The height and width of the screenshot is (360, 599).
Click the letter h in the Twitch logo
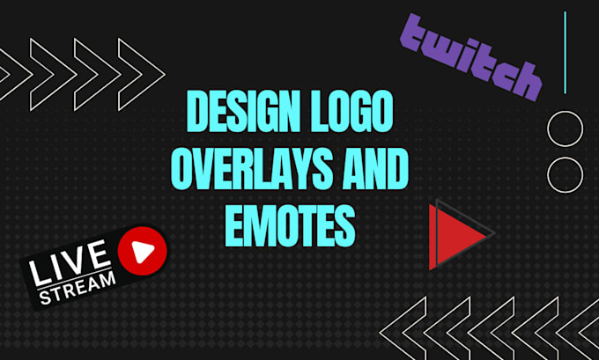tap(526, 80)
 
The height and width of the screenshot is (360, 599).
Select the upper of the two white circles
tap(565, 129)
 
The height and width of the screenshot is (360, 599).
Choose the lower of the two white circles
tap(565, 173)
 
